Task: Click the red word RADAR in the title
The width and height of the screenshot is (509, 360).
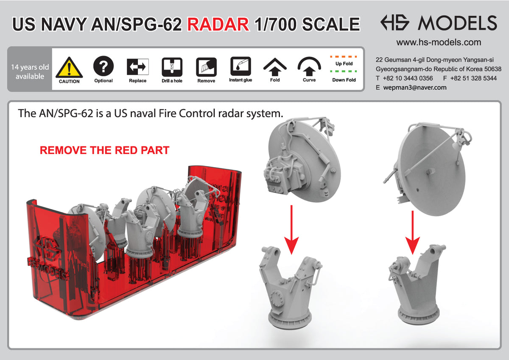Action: coord(218,24)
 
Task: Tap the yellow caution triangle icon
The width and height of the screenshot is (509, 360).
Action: coord(69,67)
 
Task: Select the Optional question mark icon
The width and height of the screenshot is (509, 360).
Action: coord(103,66)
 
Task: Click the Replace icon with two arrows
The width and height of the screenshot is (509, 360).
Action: coord(137,67)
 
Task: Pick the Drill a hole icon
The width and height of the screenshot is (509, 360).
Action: coord(172,67)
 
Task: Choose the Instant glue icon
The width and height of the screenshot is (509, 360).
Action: coord(241,66)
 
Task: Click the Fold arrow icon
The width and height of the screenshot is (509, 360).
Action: coord(275,66)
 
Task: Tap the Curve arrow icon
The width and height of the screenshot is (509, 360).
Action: coord(309,66)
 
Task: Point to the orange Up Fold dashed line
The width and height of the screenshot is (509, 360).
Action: coord(344,56)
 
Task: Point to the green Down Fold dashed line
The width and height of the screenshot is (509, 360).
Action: coord(344,72)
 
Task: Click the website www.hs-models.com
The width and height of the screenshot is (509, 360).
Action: coord(439,42)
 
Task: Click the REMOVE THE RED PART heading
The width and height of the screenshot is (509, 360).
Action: coord(104,151)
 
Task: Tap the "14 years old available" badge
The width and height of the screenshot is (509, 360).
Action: coord(30,72)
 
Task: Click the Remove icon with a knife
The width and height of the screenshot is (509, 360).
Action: coord(206,67)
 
